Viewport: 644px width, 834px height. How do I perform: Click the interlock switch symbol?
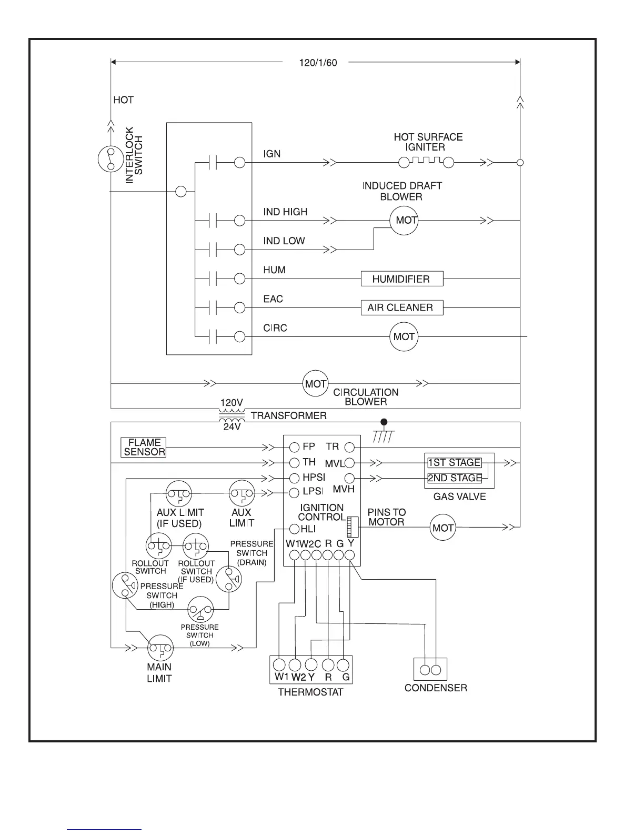click(x=110, y=159)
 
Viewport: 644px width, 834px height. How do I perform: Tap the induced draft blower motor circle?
click(x=404, y=220)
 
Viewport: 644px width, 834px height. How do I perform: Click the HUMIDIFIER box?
click(x=402, y=279)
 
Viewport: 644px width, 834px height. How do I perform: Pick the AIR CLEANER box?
click(x=402, y=307)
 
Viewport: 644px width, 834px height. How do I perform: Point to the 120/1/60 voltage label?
click(x=318, y=63)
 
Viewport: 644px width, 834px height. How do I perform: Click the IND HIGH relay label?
click(x=285, y=212)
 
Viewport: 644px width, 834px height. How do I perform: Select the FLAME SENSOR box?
click(x=144, y=447)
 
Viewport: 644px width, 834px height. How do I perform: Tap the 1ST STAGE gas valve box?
click(x=454, y=462)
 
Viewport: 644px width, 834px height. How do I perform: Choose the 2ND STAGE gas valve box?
click(x=454, y=478)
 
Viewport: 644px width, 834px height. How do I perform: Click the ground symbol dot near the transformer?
click(x=384, y=422)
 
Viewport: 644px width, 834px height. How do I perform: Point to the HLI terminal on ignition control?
click(x=294, y=529)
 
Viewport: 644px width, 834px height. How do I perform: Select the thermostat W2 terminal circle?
click(x=296, y=664)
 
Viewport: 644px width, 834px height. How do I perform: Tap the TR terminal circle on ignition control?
click(x=349, y=448)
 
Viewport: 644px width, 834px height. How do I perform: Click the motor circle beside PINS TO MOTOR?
click(x=442, y=528)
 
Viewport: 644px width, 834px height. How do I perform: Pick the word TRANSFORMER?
click(x=288, y=416)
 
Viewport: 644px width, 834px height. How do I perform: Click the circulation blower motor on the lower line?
click(x=316, y=384)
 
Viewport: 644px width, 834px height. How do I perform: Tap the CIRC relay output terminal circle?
click(x=240, y=336)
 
